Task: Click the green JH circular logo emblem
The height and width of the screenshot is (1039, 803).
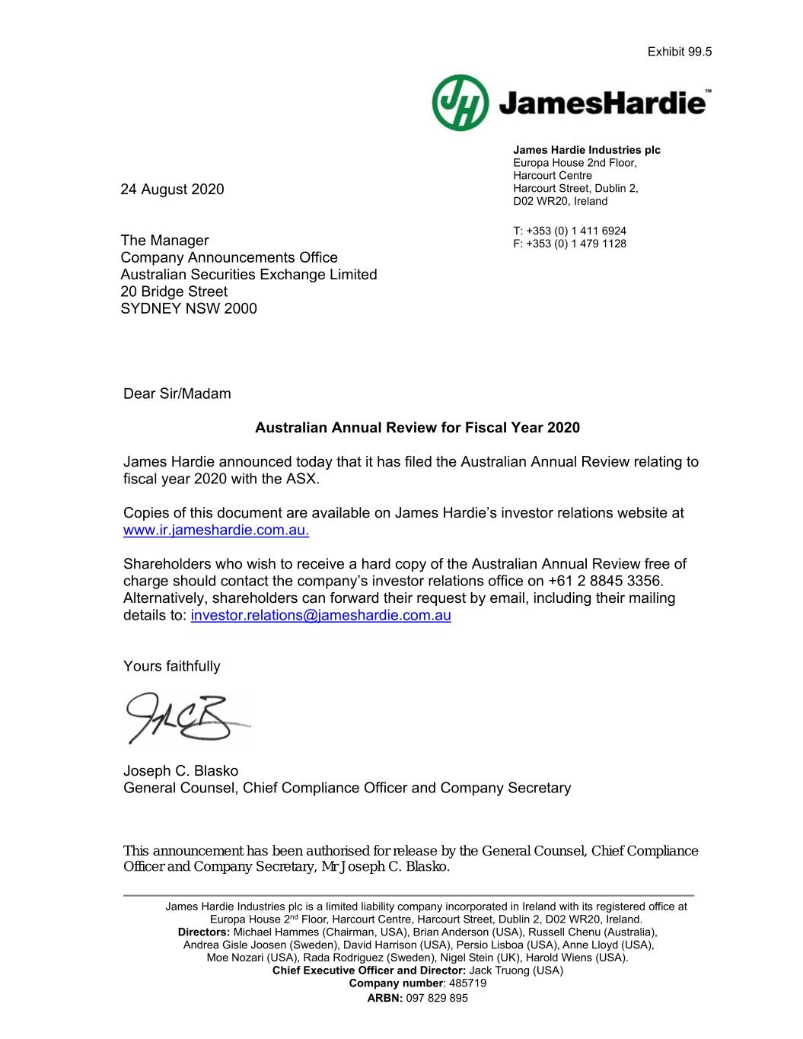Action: tap(460, 103)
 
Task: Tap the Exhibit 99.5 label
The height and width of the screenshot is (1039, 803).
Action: tap(679, 52)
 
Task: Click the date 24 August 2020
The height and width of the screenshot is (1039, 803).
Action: tap(172, 189)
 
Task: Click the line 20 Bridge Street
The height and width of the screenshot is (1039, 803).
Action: tap(174, 292)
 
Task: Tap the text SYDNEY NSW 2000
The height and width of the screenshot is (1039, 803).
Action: tap(189, 308)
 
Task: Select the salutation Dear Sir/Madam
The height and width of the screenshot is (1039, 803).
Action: tap(177, 394)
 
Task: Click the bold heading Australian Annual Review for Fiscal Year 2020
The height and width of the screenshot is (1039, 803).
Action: tap(417, 428)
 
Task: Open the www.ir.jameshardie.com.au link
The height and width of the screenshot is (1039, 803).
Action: tap(216, 530)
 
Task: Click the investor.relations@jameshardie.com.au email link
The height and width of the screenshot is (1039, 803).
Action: tap(320, 615)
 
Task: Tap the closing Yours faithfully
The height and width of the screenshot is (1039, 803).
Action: tap(171, 666)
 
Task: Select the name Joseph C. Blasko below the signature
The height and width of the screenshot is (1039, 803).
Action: tap(180, 770)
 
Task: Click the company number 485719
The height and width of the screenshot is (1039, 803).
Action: tap(467, 983)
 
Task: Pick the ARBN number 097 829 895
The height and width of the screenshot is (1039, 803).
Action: tap(438, 998)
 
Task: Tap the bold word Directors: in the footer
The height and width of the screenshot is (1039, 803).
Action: tap(204, 932)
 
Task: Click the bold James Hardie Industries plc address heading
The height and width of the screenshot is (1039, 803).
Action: tap(586, 150)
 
